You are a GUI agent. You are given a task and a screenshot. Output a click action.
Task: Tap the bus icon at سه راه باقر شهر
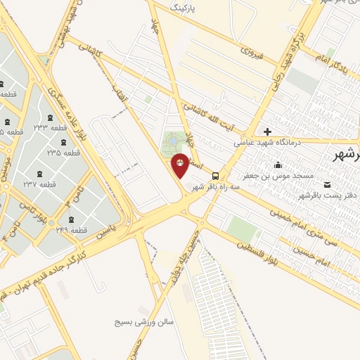215,176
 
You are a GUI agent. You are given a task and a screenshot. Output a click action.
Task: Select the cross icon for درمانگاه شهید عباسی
267,131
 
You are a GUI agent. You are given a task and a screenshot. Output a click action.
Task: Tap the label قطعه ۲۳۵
63,152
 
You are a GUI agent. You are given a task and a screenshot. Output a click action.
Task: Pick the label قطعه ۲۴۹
70,230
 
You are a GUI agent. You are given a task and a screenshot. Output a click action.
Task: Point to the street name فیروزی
251,51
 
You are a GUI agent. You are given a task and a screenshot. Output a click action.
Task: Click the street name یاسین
105,230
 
